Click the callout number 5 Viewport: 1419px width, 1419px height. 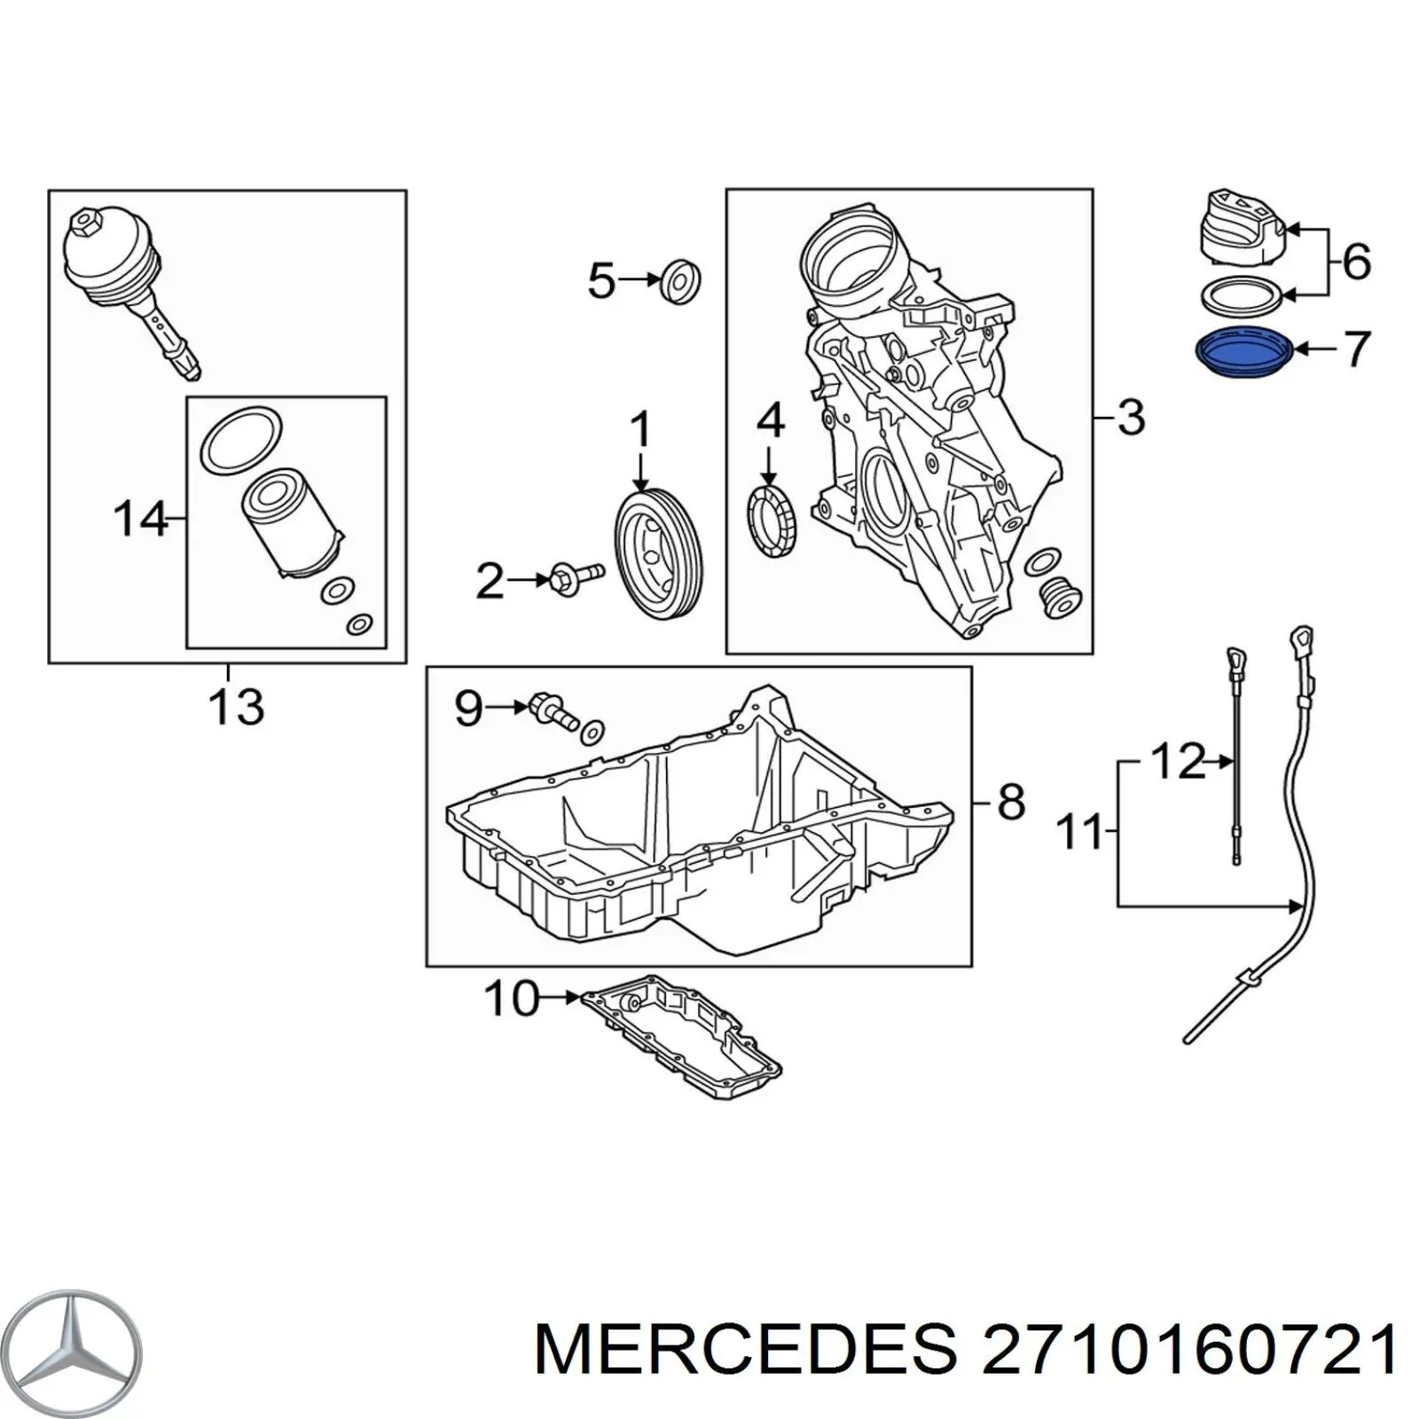601,281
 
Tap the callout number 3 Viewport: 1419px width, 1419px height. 1131,417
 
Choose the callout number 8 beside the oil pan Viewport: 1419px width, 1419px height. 1011,802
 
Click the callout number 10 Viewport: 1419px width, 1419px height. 513,999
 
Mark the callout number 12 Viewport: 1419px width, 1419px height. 1178,761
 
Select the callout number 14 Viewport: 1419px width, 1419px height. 140,518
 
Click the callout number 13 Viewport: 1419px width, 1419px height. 236,707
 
